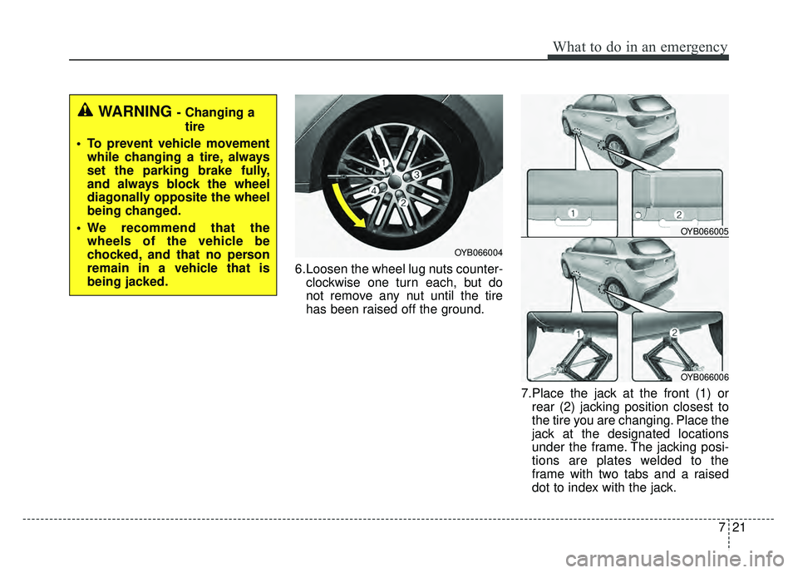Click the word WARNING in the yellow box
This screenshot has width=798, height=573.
pos(135,111)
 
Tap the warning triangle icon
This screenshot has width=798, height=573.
pos(86,110)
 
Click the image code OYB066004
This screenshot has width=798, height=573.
pos(478,253)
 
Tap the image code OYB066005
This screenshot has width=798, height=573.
pos(704,231)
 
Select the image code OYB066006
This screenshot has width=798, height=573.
pos(704,378)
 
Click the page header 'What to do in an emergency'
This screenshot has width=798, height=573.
pos(640,47)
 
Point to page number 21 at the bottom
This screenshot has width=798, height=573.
pos(739,527)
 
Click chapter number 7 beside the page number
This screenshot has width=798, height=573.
pos(722,527)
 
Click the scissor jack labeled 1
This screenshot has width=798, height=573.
pos(576,355)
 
